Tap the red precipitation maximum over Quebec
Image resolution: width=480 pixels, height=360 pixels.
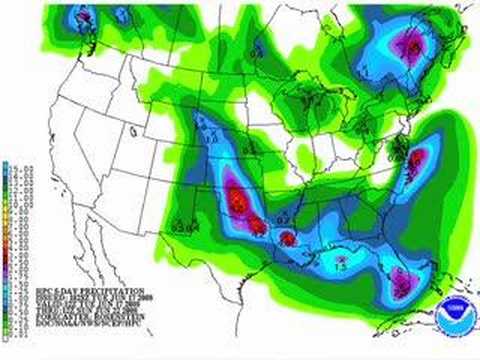coord(409,43)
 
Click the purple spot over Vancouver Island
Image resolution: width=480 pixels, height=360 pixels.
coord(84,15)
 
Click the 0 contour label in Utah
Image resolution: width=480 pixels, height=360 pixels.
coord(129,128)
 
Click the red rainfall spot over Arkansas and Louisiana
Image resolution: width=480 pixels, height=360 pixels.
coord(287,239)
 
